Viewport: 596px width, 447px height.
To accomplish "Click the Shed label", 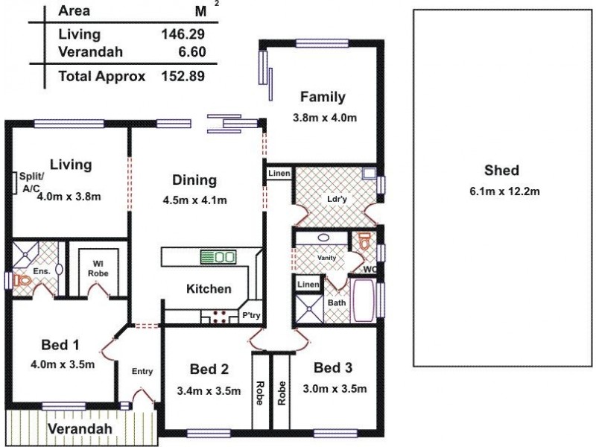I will (501, 169).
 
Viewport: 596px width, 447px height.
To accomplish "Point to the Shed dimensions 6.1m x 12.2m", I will (504, 191).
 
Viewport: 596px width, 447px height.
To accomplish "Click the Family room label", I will (323, 97).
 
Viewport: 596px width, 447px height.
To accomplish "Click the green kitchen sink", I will (218, 257).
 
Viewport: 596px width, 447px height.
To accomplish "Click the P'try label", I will (250, 317).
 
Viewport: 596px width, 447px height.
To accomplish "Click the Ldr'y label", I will (333, 199).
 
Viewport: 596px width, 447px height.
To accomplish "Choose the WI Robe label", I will (97, 268).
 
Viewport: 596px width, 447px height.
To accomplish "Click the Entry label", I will (142, 371).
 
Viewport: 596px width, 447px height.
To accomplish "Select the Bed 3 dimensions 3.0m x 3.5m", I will (335, 388).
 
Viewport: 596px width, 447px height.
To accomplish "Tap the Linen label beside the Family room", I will (279, 174).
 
